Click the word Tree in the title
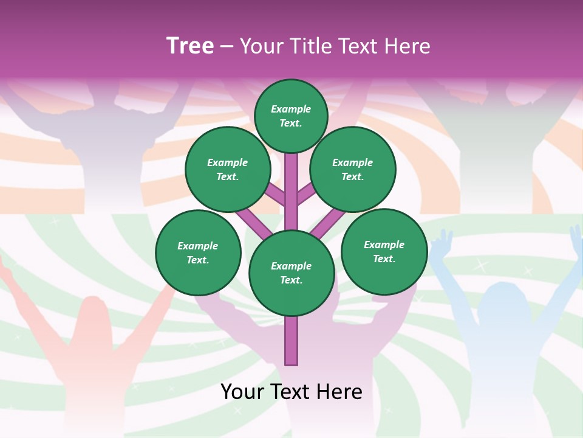point(190,46)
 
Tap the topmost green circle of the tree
point(291,116)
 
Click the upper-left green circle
point(228,169)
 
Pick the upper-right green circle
point(353,169)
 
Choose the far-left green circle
point(198,252)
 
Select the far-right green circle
point(384,251)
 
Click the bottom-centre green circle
point(291,273)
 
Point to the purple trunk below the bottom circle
point(291,341)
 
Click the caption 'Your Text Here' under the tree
point(291,392)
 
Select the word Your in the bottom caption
point(242,392)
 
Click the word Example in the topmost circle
point(291,109)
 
